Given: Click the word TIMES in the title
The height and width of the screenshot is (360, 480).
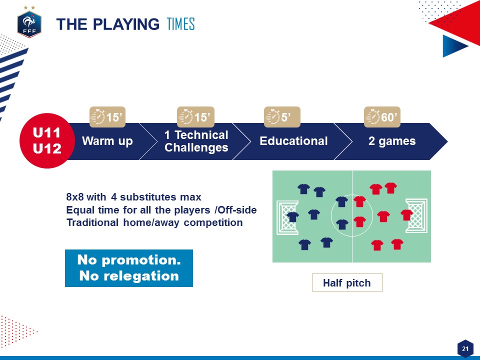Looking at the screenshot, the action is [180, 24].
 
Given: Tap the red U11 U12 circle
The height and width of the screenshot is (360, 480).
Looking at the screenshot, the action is [47, 141].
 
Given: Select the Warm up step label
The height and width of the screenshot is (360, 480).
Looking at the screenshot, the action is [107, 141].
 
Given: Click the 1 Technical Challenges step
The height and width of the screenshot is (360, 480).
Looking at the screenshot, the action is [196, 141].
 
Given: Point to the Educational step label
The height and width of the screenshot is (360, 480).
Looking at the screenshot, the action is [293, 141].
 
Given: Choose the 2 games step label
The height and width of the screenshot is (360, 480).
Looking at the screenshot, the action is [392, 141].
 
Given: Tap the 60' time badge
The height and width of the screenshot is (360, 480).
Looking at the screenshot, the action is [382, 117].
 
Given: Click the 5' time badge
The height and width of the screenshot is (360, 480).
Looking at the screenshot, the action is [282, 117].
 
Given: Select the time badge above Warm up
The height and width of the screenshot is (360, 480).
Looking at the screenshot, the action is [107, 117].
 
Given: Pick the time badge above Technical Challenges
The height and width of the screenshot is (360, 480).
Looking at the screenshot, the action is [195, 117].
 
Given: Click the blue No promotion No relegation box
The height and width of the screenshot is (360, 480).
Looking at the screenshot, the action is [129, 268].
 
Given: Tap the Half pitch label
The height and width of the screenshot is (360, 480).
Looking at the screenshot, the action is [347, 282].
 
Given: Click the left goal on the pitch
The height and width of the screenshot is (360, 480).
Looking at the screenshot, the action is [287, 217].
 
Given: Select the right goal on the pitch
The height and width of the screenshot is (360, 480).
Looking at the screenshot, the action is [416, 215].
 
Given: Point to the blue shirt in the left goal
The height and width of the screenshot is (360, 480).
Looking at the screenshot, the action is [292, 216].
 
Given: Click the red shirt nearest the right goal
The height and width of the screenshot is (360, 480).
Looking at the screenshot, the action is [406, 215].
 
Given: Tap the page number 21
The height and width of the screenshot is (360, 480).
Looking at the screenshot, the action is [465, 348].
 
